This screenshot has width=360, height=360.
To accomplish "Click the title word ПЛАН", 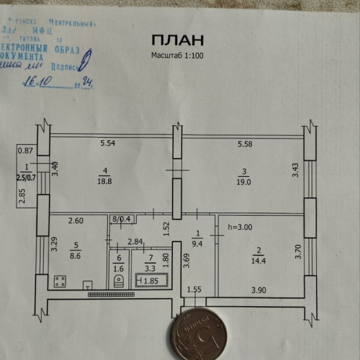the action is click(178, 40).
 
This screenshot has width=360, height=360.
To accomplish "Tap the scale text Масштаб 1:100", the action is click(178, 55).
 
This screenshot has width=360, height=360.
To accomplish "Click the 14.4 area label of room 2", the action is click(259, 260).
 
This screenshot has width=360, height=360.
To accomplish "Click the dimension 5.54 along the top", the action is click(107, 143).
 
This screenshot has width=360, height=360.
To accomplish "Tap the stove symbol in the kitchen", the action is click(59, 281).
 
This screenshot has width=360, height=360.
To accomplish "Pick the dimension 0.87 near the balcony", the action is click(25, 151).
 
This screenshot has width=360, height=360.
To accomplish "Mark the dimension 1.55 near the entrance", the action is click(193, 290).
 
